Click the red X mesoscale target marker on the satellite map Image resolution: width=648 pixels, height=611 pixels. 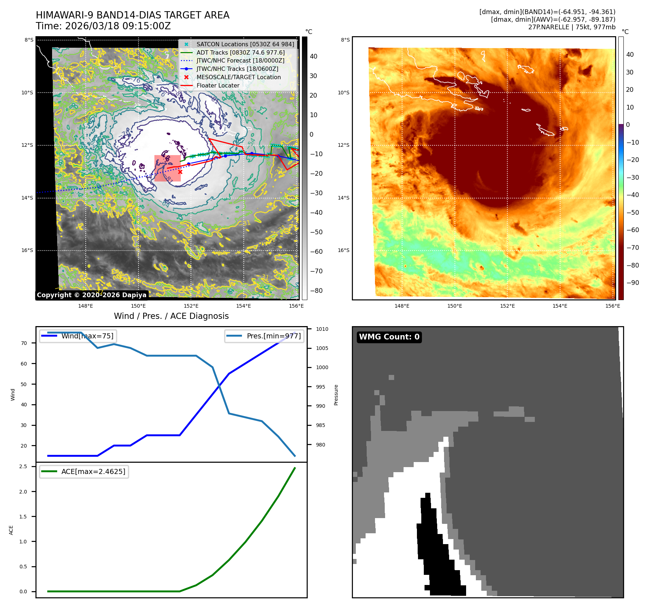coord(180,172)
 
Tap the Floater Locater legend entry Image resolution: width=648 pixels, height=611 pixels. coord(218,86)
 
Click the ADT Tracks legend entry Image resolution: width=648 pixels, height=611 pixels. coord(240,52)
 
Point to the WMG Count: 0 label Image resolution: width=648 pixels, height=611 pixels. coord(389,337)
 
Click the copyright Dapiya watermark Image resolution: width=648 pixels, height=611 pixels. coord(91,295)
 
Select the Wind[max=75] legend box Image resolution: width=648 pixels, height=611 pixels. coord(78,336)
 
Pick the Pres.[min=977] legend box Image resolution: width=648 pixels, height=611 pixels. coord(264,336)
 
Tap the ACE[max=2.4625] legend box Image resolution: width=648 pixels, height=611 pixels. coord(84,471)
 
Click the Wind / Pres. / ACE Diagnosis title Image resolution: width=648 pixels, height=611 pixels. coord(171,316)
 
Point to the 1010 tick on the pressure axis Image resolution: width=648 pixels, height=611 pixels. coord(322,329)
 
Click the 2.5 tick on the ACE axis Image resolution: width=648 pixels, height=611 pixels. coord(24,466)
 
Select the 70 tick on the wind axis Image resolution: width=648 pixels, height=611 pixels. coord(24,343)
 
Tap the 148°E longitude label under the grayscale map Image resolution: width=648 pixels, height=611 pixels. coord(86,306)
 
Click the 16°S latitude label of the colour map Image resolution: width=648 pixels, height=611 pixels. coord(344,250)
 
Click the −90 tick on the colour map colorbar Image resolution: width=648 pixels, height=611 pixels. coord(632,283)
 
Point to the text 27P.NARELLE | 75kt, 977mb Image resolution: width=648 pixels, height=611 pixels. coord(571,27)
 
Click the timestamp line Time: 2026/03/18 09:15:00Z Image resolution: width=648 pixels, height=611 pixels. coord(103,26)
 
